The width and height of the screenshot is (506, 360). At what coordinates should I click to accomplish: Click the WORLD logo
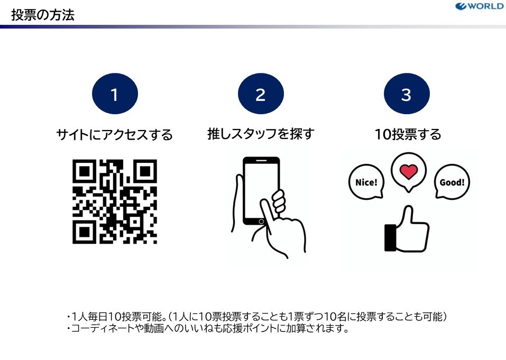[x=479, y=6]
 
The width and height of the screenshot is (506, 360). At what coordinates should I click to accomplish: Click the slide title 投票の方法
[x=43, y=15]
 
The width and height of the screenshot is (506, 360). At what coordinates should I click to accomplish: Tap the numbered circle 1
[x=115, y=94]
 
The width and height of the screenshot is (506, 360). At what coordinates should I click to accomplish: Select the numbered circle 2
[x=261, y=94]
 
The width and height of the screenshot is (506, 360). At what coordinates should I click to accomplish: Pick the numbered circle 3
[x=407, y=94]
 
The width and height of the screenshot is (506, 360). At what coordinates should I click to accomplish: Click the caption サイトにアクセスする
[x=115, y=134]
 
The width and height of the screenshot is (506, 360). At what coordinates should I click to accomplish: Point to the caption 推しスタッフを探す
[x=261, y=134]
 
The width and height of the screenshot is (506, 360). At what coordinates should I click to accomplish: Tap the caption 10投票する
[x=408, y=134]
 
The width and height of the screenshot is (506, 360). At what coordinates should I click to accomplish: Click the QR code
[x=115, y=201]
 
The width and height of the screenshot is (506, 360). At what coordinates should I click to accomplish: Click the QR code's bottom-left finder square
[x=84, y=232]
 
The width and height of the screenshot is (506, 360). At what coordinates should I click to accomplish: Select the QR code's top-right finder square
[x=145, y=171]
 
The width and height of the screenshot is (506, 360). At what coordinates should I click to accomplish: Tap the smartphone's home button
[x=261, y=221]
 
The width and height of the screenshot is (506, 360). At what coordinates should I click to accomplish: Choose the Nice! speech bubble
[x=366, y=182]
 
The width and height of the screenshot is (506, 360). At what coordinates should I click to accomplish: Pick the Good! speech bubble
[x=452, y=182]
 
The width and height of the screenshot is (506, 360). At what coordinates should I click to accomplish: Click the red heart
[x=409, y=172]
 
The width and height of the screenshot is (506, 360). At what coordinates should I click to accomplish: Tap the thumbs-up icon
[x=407, y=229]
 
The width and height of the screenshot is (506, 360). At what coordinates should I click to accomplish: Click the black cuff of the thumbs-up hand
[x=390, y=238]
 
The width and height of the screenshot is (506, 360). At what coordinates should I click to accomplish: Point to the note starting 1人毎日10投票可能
[x=257, y=317]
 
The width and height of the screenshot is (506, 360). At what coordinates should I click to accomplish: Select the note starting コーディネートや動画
[x=208, y=328]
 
